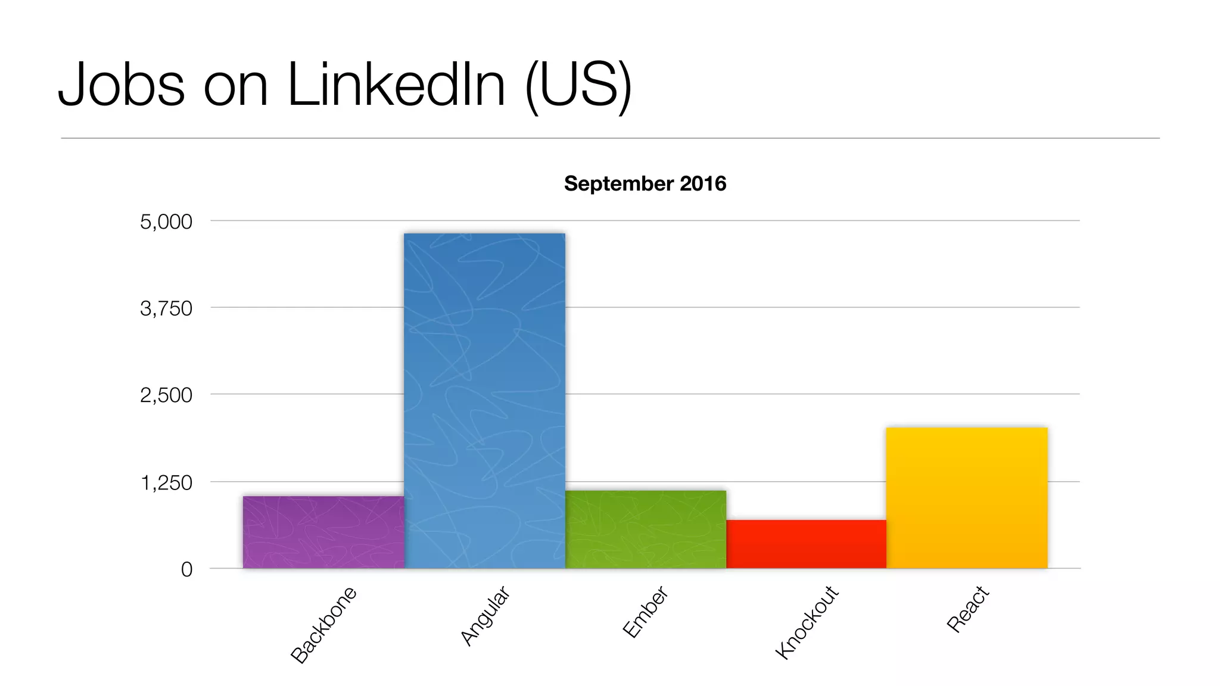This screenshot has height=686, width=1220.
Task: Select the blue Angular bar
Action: [x=484, y=400]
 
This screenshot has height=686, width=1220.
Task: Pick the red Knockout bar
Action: [x=806, y=544]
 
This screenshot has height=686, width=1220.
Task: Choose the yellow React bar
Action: [x=966, y=497]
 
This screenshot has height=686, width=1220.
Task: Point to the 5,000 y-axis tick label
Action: [x=166, y=222]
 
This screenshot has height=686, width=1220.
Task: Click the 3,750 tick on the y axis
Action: [x=166, y=308]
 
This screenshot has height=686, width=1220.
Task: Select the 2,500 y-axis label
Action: [x=166, y=395]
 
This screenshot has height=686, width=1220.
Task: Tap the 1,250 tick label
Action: [x=166, y=482]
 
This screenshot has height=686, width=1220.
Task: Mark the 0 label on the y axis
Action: [x=186, y=569]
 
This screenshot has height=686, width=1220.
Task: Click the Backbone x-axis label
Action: [x=323, y=625]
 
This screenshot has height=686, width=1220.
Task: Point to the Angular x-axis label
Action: [x=485, y=616]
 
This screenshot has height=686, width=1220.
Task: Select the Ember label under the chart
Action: [x=645, y=612]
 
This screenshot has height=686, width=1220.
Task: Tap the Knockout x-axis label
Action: [x=807, y=622]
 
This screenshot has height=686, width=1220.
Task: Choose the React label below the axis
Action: [x=967, y=609]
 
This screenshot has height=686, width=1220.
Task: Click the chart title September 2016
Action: [x=645, y=183]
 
